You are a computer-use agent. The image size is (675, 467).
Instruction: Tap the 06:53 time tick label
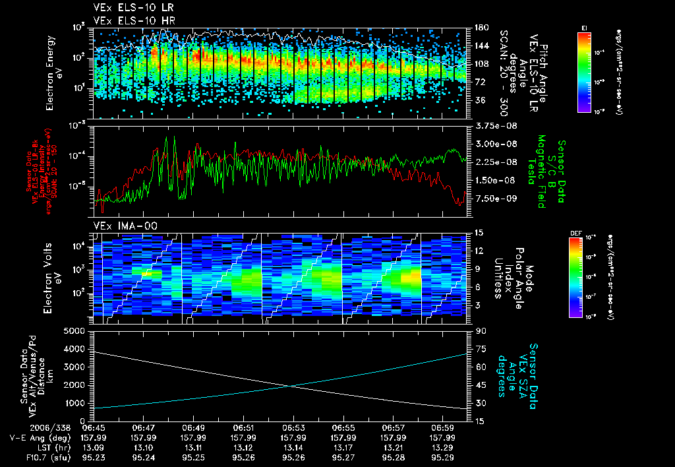point(293,427)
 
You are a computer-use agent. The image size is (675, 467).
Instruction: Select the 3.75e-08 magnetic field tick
point(493,125)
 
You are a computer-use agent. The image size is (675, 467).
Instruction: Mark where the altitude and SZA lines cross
point(290,387)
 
